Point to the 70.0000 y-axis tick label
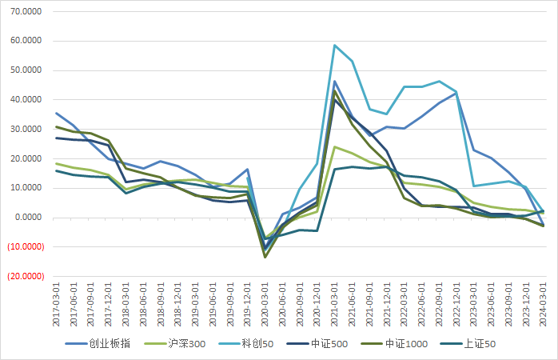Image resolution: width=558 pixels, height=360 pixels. [26, 11]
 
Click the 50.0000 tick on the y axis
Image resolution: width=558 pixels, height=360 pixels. [26, 70]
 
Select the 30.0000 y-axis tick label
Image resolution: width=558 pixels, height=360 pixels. [26, 130]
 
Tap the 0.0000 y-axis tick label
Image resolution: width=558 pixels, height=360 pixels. [29, 218]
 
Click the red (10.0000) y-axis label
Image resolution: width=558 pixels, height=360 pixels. [24, 247]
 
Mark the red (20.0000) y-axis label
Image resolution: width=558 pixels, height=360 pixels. [24, 277]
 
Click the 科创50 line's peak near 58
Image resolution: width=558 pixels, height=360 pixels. [335, 46]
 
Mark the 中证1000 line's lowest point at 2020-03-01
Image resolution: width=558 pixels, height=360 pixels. [265, 257]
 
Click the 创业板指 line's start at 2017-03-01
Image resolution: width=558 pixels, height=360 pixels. [56, 113]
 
